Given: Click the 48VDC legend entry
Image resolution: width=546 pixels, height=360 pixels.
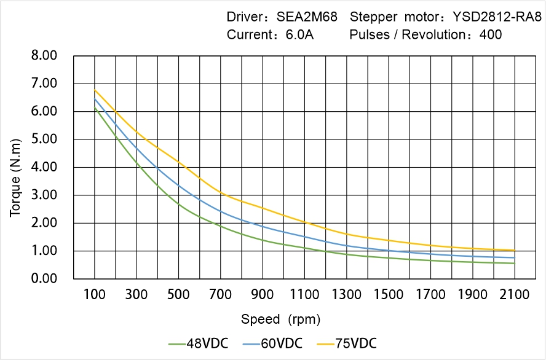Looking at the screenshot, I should (198, 343).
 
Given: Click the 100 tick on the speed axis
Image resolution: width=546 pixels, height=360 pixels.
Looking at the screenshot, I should (95, 294).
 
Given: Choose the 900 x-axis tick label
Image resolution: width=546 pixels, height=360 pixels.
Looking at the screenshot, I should (263, 294).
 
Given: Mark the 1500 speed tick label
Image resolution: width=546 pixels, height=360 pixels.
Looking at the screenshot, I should (389, 294).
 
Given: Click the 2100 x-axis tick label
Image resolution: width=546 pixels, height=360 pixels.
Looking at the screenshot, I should (515, 294).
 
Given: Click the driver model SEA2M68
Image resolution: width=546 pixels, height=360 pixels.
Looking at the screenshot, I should (307, 17).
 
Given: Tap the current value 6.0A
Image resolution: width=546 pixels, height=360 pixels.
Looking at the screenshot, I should (299, 34).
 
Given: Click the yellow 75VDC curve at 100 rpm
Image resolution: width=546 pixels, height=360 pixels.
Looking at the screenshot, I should (95, 90).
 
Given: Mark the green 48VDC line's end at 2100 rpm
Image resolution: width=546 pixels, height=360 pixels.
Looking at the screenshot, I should (515, 264).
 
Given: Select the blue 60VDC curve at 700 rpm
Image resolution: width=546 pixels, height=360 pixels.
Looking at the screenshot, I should (221, 212).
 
